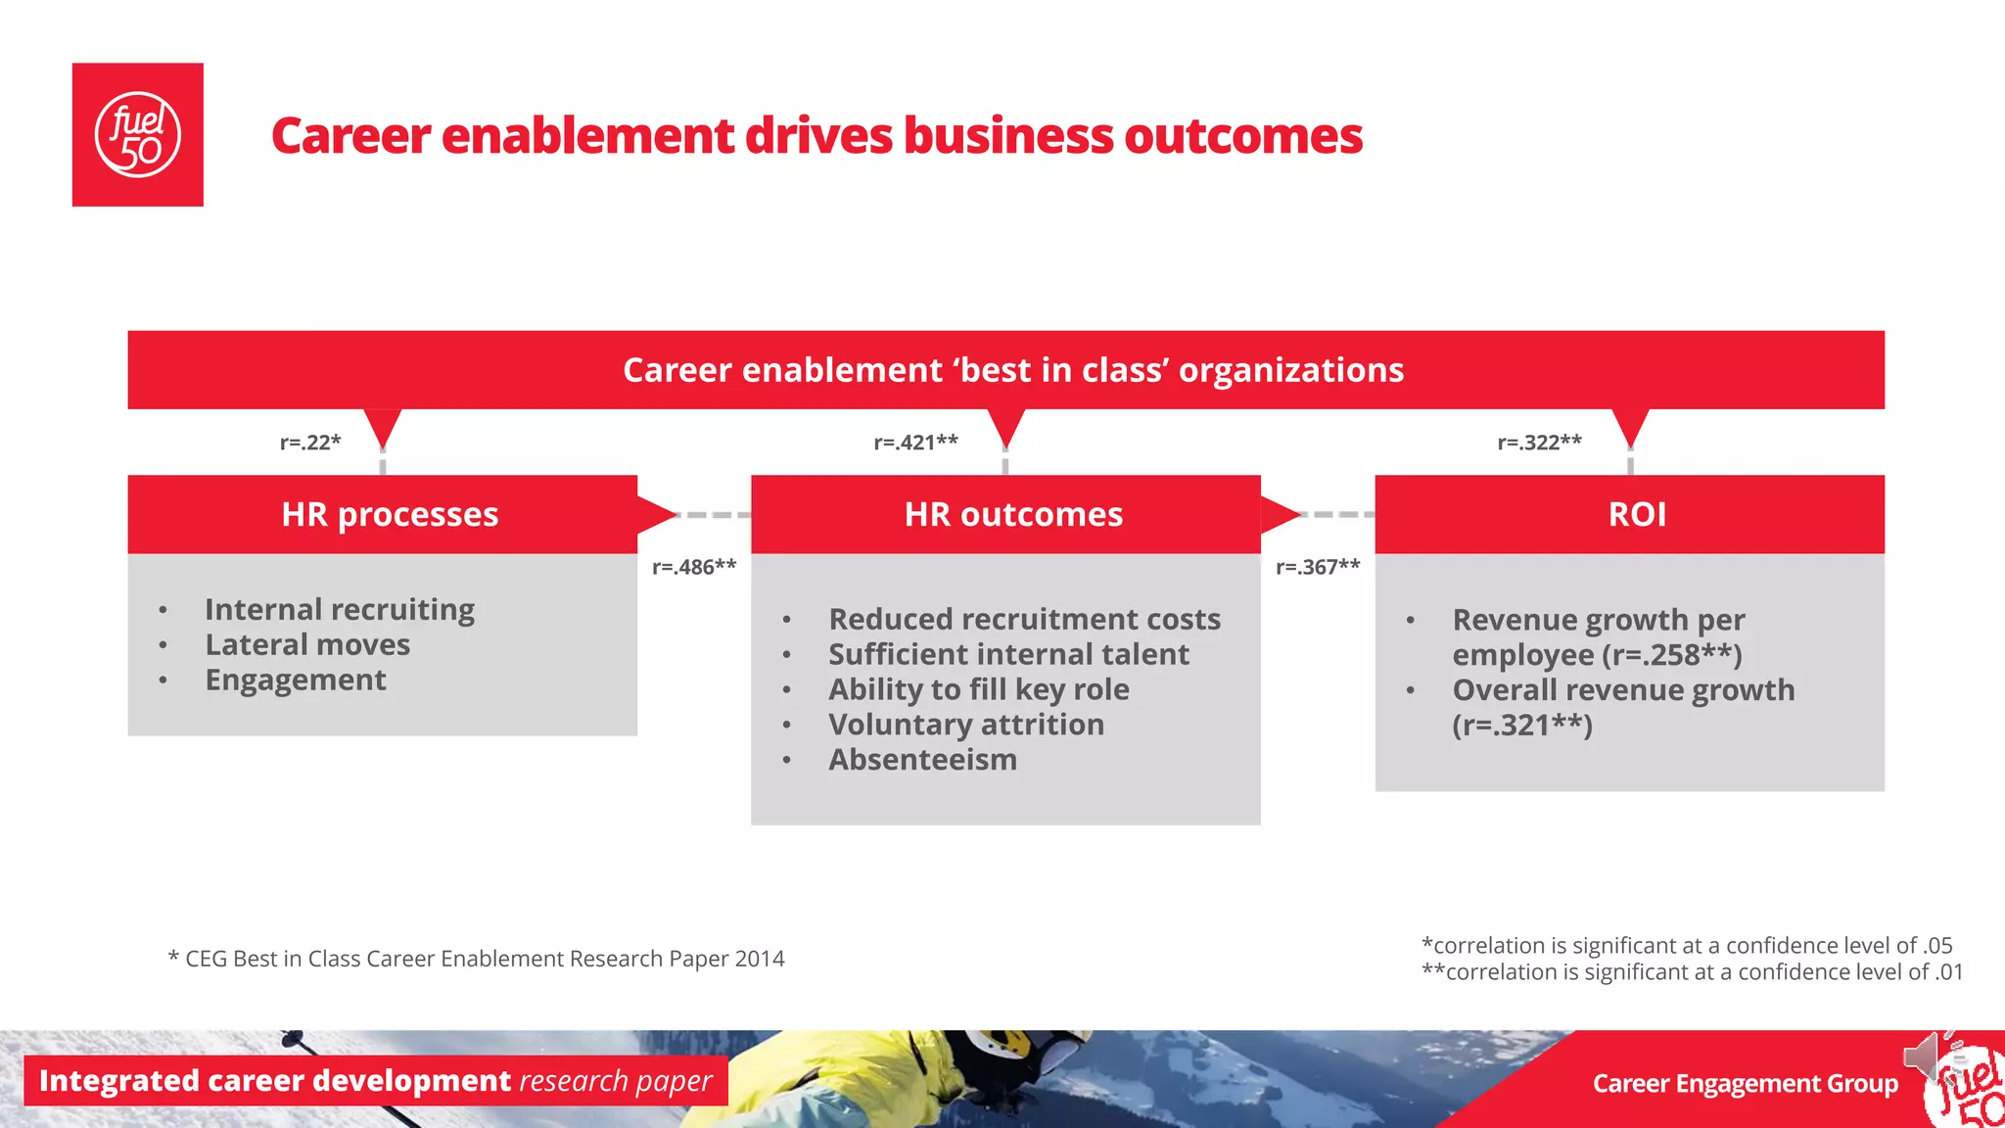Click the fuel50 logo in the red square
[137, 135]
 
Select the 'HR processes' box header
[389, 514]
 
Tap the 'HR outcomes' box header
[1013, 514]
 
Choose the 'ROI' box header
[1637, 514]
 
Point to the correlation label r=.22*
[310, 442]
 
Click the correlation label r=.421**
[915, 442]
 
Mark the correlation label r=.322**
[1539, 442]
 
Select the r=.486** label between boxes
[694, 567]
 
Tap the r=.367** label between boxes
[1318, 567]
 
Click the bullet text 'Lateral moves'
[307, 644]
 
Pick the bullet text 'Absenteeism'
[922, 759]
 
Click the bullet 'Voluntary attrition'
[965, 724]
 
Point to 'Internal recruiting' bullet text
[339, 609]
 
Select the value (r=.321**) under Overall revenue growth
[1522, 725]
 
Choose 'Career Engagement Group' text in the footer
[1745, 1083]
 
